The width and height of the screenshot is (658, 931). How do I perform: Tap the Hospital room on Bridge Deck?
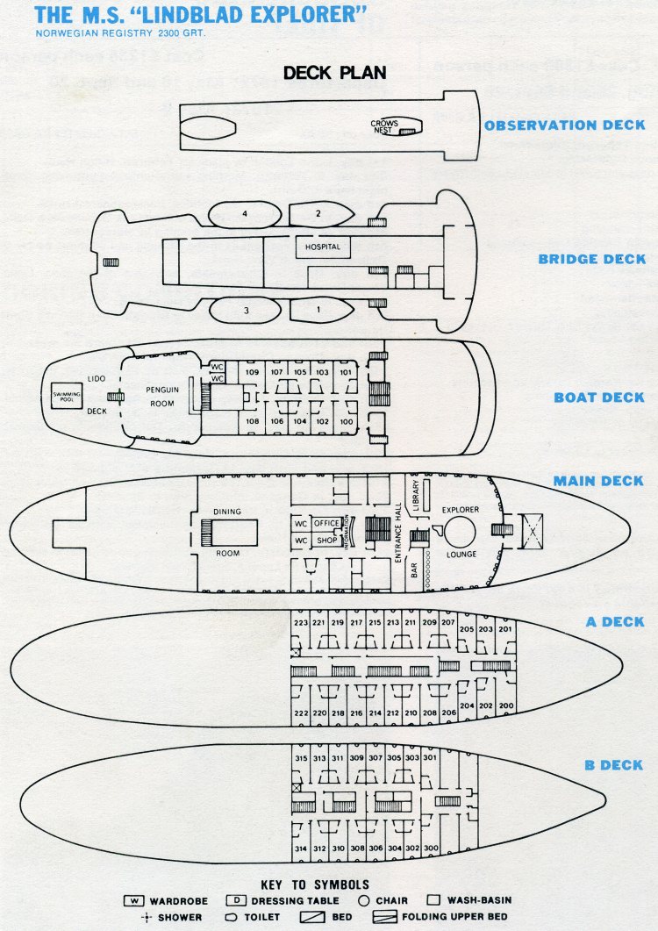pyautogui.click(x=322, y=247)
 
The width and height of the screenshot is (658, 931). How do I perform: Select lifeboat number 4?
pyautogui.click(x=245, y=213)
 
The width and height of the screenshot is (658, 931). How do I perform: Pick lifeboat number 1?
pyautogui.click(x=318, y=309)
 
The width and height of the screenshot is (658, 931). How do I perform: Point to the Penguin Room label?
pyautogui.click(x=161, y=396)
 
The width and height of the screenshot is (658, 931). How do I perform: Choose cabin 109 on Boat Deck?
pyautogui.click(x=252, y=372)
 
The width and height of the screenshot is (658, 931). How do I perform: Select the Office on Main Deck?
pyautogui.click(x=326, y=524)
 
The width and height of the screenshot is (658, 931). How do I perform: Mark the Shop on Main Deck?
pyautogui.click(x=326, y=541)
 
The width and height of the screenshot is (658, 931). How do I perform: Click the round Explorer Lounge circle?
pyautogui.click(x=459, y=531)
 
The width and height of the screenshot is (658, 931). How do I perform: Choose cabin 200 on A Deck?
pyautogui.click(x=504, y=705)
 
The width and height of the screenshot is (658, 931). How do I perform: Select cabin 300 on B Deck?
pyautogui.click(x=430, y=849)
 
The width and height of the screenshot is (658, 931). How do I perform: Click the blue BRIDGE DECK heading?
pyautogui.click(x=591, y=260)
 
